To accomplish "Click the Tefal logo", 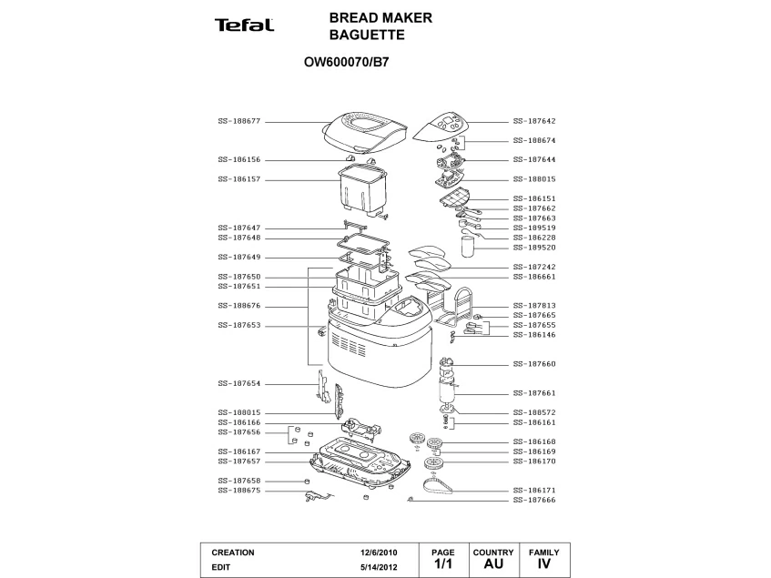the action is [244, 25].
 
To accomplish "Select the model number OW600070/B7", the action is [346, 63].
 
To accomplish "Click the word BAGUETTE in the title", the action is [367, 35].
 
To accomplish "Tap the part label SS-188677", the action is [239, 121].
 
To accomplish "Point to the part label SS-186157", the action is [239, 179].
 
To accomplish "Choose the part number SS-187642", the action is [534, 121].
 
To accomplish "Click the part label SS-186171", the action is [534, 491].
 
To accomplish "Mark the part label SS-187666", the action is [534, 501].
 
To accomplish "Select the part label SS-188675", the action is [239, 491].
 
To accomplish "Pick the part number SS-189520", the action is [534, 248].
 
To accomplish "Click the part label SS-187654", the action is [239, 384].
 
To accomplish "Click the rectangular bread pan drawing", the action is [363, 191].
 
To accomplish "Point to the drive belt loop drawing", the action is [437, 485].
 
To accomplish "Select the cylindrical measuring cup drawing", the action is [467, 246].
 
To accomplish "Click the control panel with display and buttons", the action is [442, 129].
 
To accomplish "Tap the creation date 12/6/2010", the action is [379, 553].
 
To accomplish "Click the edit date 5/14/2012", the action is [379, 567].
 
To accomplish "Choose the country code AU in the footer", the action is [493, 563].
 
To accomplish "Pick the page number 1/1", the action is [443, 563].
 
